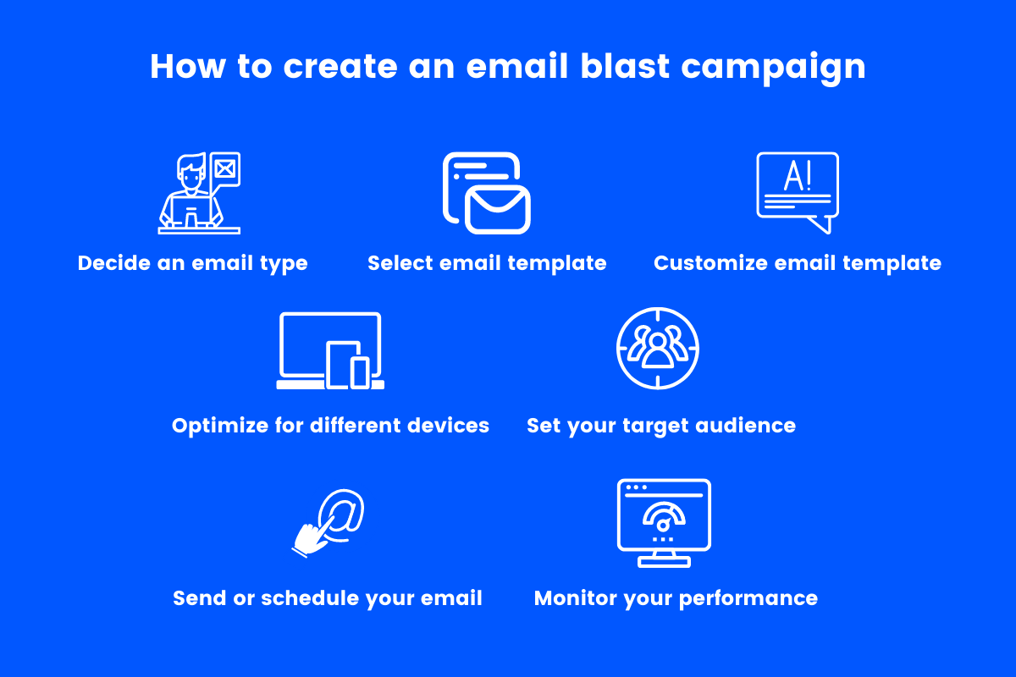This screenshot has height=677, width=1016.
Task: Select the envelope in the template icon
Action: [x=497, y=209]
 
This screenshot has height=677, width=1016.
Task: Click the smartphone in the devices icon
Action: [x=361, y=372]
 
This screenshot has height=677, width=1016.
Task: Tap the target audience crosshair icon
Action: [x=658, y=348]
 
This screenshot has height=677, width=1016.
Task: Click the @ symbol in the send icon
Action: [x=341, y=514]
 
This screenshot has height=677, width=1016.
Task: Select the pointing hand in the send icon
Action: [x=311, y=537]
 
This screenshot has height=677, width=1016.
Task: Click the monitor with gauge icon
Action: [x=664, y=522]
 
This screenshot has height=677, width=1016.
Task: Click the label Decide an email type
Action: [x=192, y=263]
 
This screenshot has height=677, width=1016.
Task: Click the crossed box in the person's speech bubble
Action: [x=226, y=166]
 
